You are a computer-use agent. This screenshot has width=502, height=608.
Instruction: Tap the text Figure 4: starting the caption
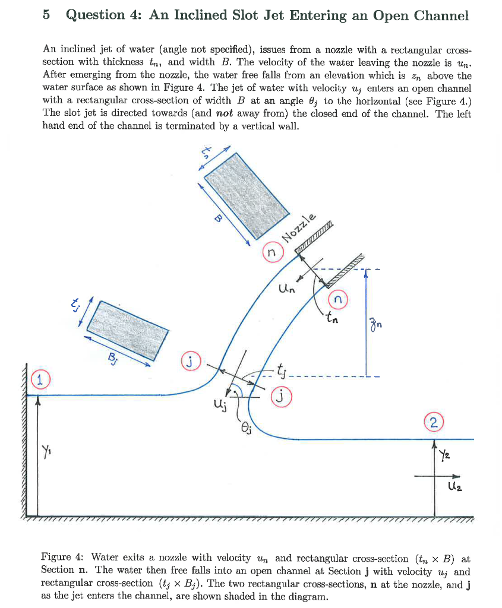(62, 558)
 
